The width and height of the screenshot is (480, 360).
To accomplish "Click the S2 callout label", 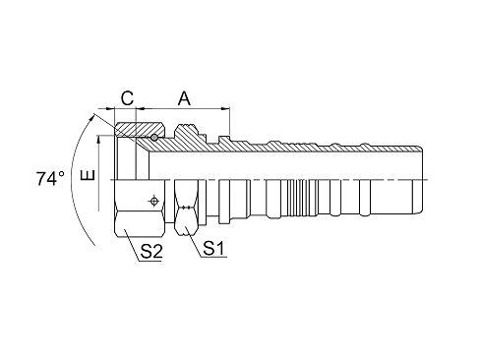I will (x=150, y=251).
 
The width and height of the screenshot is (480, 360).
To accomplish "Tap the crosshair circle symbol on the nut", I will (x=153, y=201).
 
